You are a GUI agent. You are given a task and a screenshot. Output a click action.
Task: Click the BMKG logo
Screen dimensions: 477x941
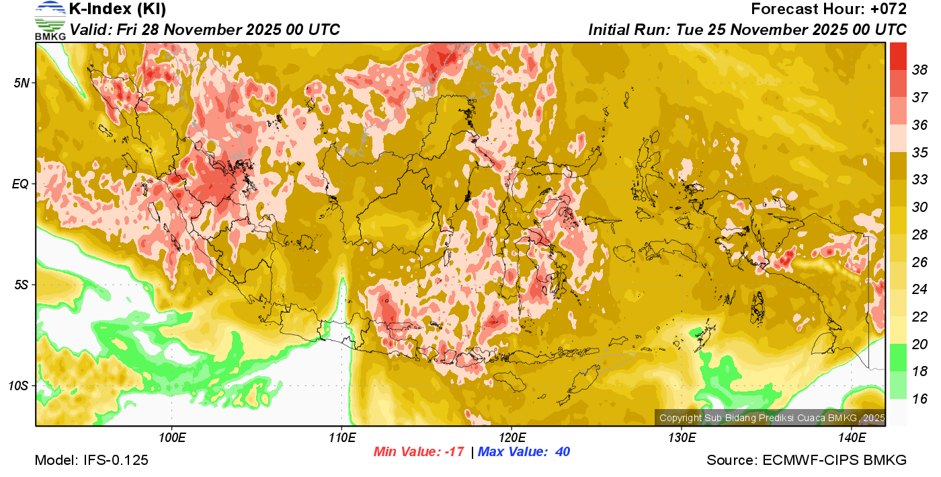click(x=50, y=20)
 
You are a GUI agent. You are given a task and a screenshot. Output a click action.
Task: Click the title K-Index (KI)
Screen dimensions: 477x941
click(x=118, y=9)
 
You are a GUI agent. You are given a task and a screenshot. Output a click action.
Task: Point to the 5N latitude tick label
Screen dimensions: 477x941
click(x=21, y=82)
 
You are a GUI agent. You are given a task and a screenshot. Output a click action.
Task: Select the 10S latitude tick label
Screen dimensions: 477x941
click(x=18, y=386)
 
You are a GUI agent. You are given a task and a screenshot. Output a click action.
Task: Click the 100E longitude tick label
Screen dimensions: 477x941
click(x=172, y=438)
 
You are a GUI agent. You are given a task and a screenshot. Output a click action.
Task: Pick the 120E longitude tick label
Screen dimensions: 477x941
click(x=512, y=438)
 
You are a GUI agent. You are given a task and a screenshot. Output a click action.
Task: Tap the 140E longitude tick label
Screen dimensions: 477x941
click(x=852, y=438)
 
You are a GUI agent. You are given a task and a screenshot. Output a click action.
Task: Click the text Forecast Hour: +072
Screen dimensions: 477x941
click(x=829, y=9)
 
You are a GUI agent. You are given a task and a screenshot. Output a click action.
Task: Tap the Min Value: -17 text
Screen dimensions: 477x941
click(x=419, y=452)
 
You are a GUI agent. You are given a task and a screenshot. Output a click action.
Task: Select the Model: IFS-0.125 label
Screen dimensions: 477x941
click(x=91, y=460)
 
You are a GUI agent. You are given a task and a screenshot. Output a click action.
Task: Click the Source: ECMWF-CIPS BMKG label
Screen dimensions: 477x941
click(x=807, y=460)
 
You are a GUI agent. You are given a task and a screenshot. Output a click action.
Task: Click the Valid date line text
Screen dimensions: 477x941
click(x=205, y=30)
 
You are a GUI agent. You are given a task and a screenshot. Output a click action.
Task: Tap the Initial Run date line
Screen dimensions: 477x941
click(x=747, y=30)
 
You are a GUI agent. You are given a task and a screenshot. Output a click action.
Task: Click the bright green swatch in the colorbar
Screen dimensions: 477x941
click(x=898, y=357)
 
